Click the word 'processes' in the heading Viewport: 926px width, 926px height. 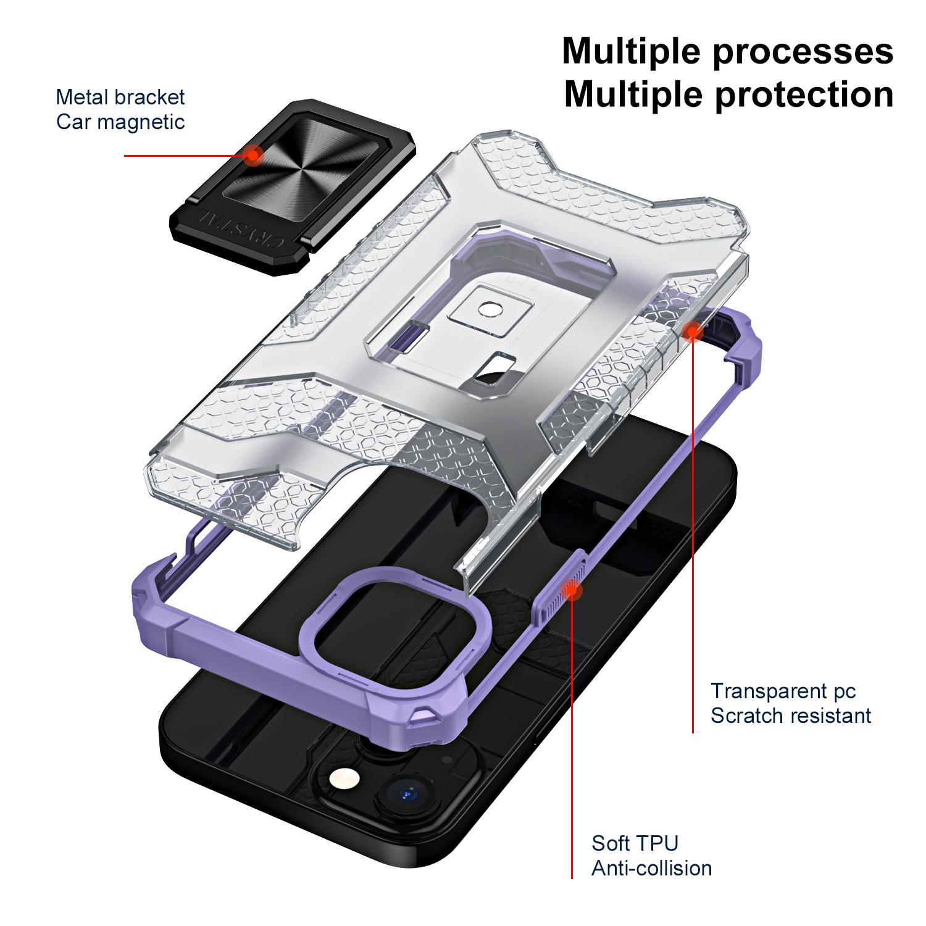tap(803, 52)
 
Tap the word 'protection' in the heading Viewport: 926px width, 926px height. tap(804, 95)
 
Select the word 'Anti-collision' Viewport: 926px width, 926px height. tap(651, 868)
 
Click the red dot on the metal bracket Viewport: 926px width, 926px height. tap(252, 155)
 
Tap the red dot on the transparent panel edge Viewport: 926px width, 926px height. tap(693, 332)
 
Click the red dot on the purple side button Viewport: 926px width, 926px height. tap(572, 590)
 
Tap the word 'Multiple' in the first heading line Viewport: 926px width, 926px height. tap(632, 52)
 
